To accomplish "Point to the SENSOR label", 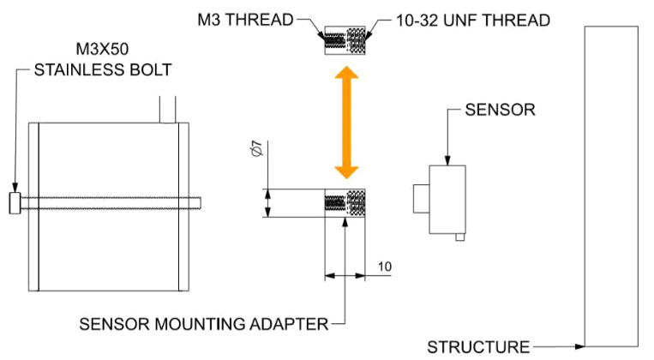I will [500, 110].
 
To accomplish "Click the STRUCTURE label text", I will [478, 346].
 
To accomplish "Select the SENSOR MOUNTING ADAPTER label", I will [203, 324].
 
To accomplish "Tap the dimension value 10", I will [385, 267].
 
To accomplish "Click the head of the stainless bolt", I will [15, 204].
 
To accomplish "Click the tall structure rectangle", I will [609, 184].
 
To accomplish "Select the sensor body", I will [447, 198].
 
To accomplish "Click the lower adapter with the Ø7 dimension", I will [345, 203].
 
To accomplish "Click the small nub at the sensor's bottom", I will [460, 237].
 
